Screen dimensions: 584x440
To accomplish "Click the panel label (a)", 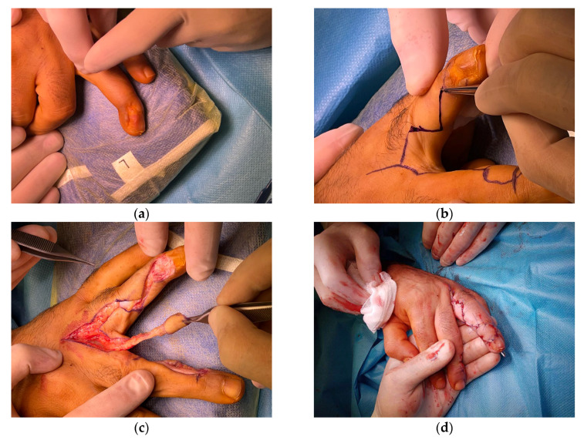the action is pyautogui.click(x=141, y=214).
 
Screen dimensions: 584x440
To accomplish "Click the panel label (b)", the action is pyautogui.click(x=444, y=214).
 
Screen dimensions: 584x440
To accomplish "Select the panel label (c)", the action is pyautogui.click(x=141, y=428).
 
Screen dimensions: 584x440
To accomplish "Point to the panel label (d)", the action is pyautogui.click(x=444, y=428).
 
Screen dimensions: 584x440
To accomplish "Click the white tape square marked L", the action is pyautogui.click(x=125, y=164).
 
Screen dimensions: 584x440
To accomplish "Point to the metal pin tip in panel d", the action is pyautogui.click(x=504, y=355).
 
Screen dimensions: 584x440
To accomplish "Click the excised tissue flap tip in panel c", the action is pyautogui.click(x=175, y=323).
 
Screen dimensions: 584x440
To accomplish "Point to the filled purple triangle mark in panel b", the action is pyautogui.click(x=417, y=129).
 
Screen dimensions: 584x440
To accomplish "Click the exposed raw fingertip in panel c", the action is pyautogui.click(x=162, y=268).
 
